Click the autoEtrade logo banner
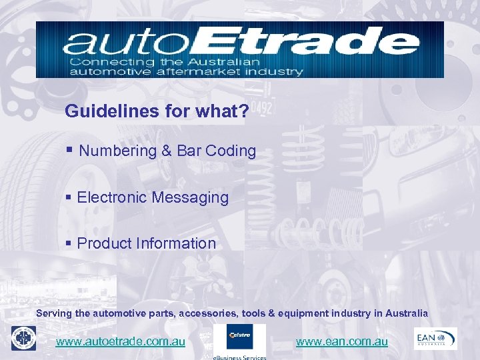pyautogui.click(x=239, y=49)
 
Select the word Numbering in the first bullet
pyautogui.click(x=117, y=151)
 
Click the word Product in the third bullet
pyautogui.click(x=103, y=243)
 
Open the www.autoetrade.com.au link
pyautogui.click(x=120, y=341)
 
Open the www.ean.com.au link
pyautogui.click(x=341, y=341)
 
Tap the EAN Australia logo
pyautogui.click(x=435, y=337)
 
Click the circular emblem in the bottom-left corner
pyautogui.click(x=23, y=338)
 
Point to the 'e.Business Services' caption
pyautogui.click(x=239, y=357)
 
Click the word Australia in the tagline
pyautogui.click(x=404, y=313)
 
